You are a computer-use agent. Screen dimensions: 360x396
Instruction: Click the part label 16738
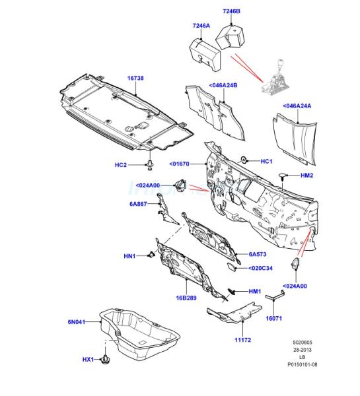[x=135, y=78]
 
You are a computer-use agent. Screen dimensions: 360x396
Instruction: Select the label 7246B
[x=231, y=11]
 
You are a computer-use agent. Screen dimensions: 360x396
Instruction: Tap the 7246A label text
[x=201, y=26]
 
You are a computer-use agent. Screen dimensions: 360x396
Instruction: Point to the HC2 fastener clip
[x=151, y=165]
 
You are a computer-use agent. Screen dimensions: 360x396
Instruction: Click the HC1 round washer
[x=244, y=160]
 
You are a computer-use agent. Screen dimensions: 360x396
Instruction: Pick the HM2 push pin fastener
[x=283, y=176]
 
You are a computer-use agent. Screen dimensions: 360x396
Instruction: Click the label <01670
[x=179, y=164]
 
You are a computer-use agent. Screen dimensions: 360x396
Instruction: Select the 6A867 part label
[x=138, y=204]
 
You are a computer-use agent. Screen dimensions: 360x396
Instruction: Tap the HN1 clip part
[x=151, y=255]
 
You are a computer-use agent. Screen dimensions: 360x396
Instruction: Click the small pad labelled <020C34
[x=231, y=267]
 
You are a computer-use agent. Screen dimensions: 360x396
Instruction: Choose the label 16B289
[x=186, y=298]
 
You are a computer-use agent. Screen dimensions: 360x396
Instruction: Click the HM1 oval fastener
[x=231, y=292]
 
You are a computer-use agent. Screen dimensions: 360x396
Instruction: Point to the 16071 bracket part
[x=275, y=295]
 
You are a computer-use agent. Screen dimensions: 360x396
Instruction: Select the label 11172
[x=242, y=340]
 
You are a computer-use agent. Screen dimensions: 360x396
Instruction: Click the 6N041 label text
[x=77, y=322]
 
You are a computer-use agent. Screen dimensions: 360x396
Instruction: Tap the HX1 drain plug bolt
[x=104, y=359]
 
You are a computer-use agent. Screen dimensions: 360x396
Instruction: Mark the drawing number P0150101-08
[x=303, y=364]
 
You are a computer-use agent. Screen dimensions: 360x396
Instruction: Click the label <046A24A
[x=297, y=106]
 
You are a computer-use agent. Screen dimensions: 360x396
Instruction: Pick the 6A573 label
[x=258, y=254]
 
